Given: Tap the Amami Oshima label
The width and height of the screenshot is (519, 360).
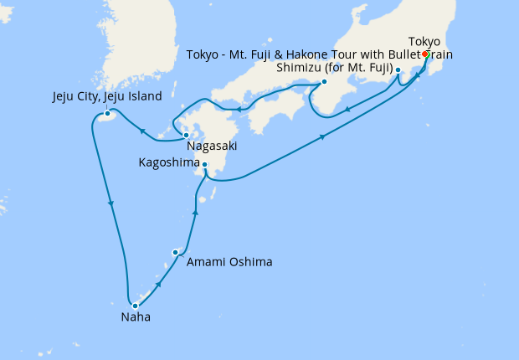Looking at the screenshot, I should (229, 262).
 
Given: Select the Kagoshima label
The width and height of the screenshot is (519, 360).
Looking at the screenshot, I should (167, 165).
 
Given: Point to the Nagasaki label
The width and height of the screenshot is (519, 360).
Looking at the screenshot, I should (211, 146).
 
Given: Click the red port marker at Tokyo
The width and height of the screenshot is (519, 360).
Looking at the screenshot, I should (426, 54).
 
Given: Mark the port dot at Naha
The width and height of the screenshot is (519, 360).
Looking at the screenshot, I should (135, 306).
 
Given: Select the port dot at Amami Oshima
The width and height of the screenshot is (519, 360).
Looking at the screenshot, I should (176, 252).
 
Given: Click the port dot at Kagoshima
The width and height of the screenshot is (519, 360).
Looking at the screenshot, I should (205, 165).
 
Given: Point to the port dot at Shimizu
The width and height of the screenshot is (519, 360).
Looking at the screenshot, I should (398, 70).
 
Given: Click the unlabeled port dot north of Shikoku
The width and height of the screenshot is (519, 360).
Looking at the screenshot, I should (324, 82).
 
